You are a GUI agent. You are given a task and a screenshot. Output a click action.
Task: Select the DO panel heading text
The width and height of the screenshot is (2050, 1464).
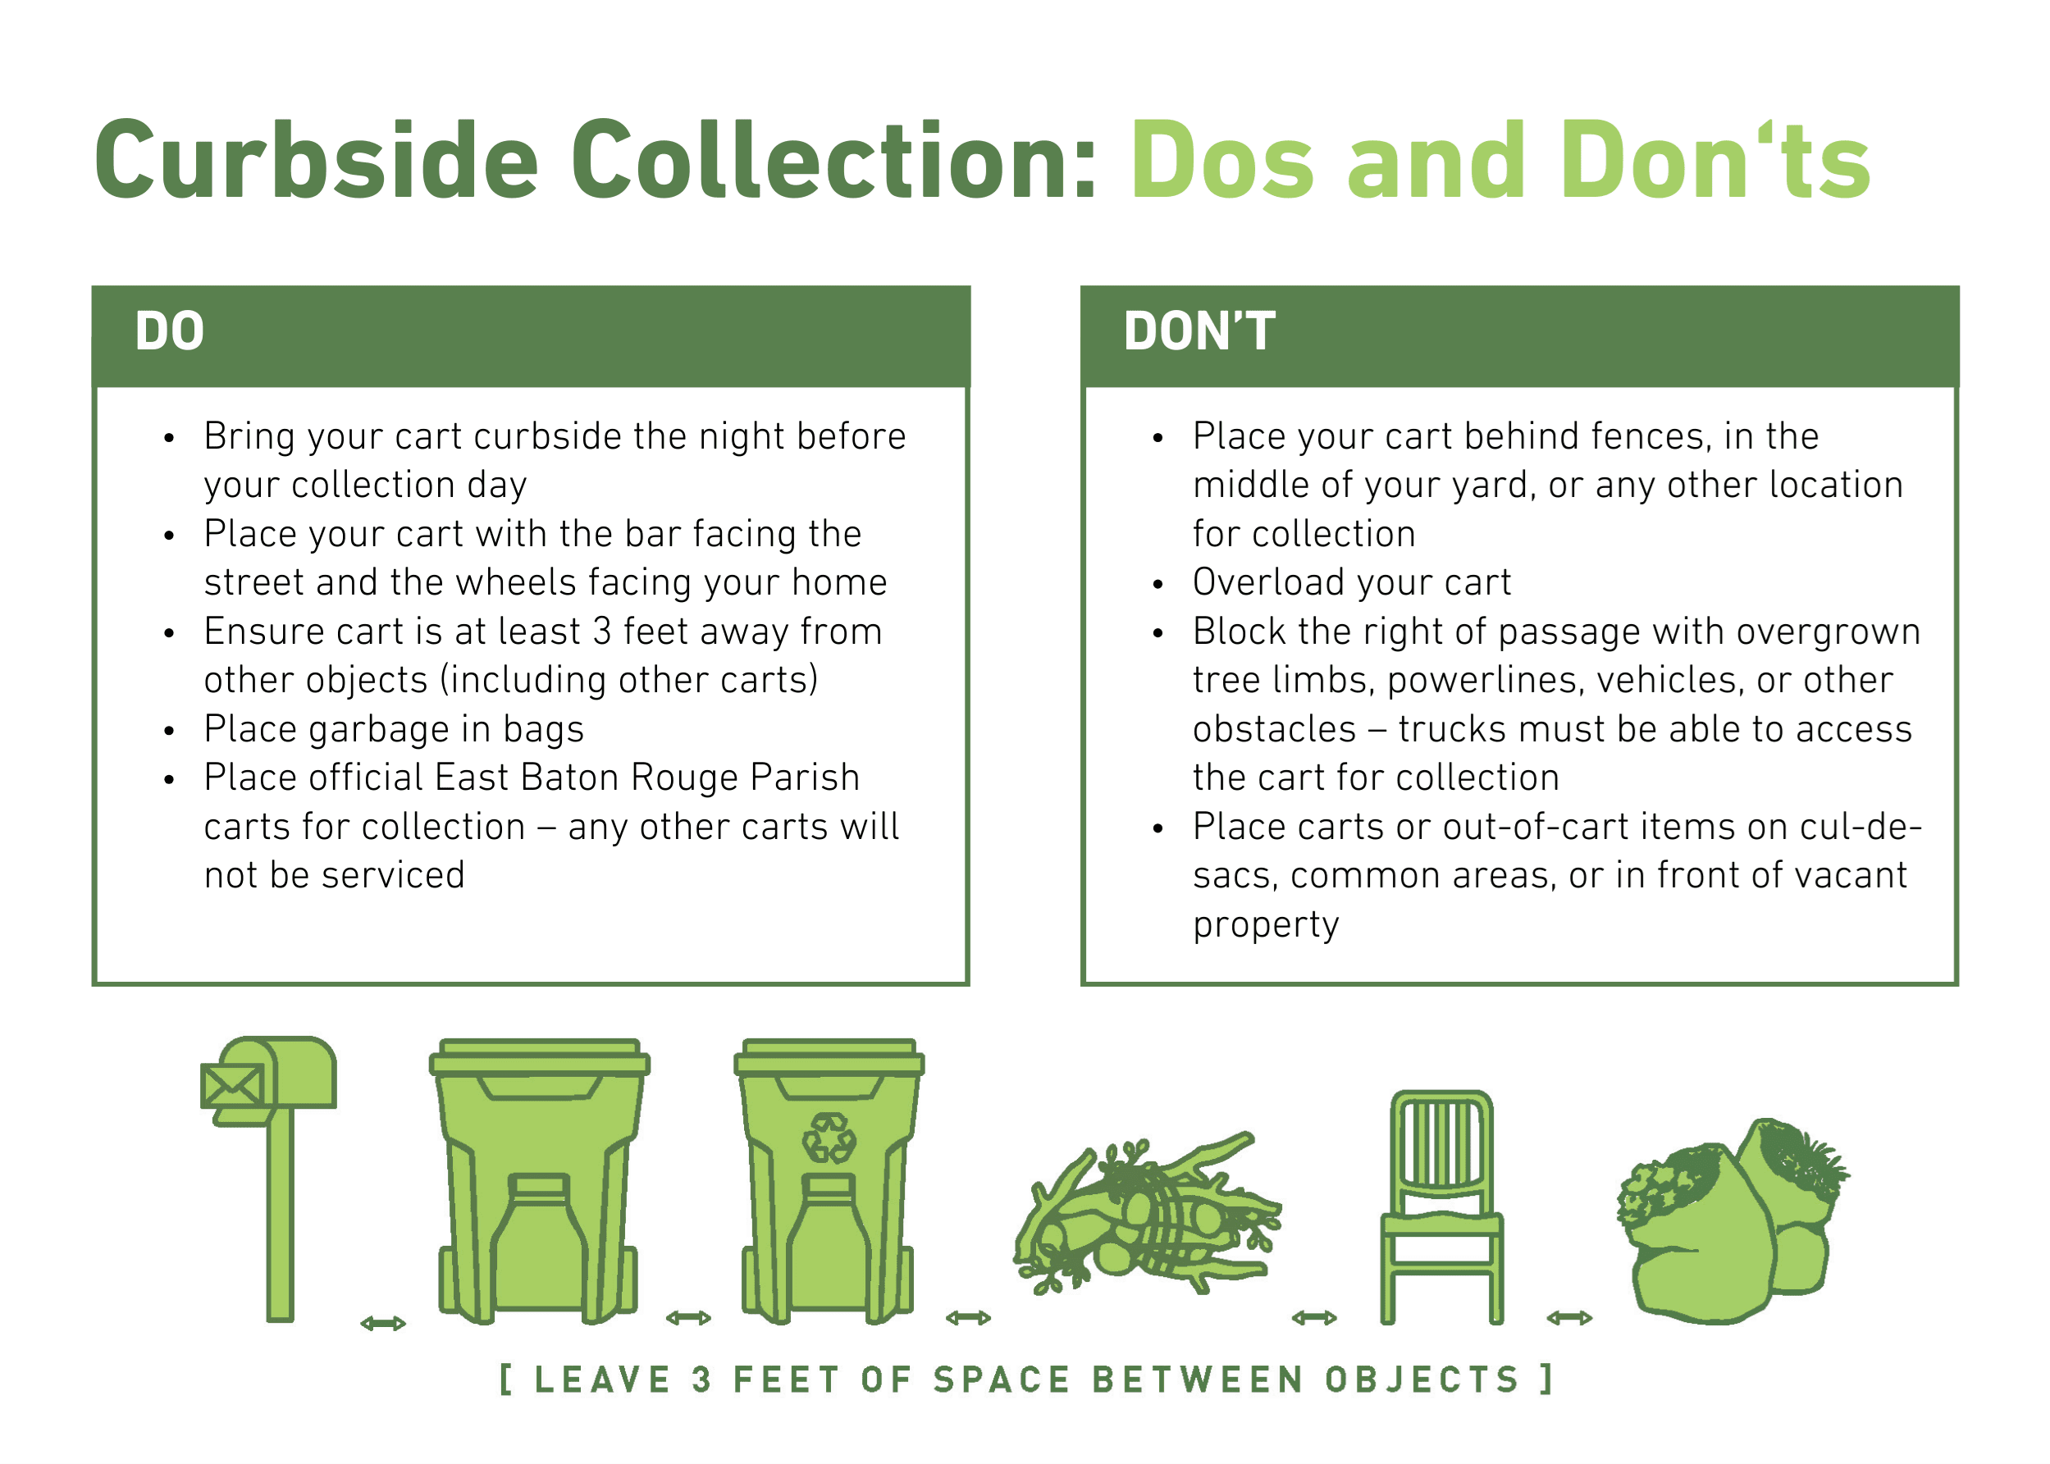(170, 331)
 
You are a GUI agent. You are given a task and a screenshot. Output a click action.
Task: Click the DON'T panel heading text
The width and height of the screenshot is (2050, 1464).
(1199, 331)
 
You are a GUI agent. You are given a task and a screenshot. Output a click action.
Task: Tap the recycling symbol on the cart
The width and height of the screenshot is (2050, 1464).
(829, 1138)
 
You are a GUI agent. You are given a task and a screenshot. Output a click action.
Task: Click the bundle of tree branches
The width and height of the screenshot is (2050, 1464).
(1147, 1213)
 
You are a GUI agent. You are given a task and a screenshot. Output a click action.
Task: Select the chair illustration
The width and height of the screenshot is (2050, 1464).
(1441, 1207)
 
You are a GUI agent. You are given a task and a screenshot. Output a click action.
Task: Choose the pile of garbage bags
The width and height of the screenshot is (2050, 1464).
(1733, 1220)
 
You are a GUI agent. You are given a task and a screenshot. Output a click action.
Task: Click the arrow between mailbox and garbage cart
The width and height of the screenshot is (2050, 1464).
(383, 1324)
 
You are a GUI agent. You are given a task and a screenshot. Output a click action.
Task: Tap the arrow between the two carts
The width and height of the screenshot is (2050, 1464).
(689, 1318)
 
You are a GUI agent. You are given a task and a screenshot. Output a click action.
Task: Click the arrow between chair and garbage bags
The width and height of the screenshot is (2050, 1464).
(1569, 1318)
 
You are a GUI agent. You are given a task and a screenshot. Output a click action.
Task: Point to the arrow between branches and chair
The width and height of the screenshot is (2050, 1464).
(1314, 1318)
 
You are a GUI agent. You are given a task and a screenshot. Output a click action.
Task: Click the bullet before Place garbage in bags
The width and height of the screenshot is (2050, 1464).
(169, 731)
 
